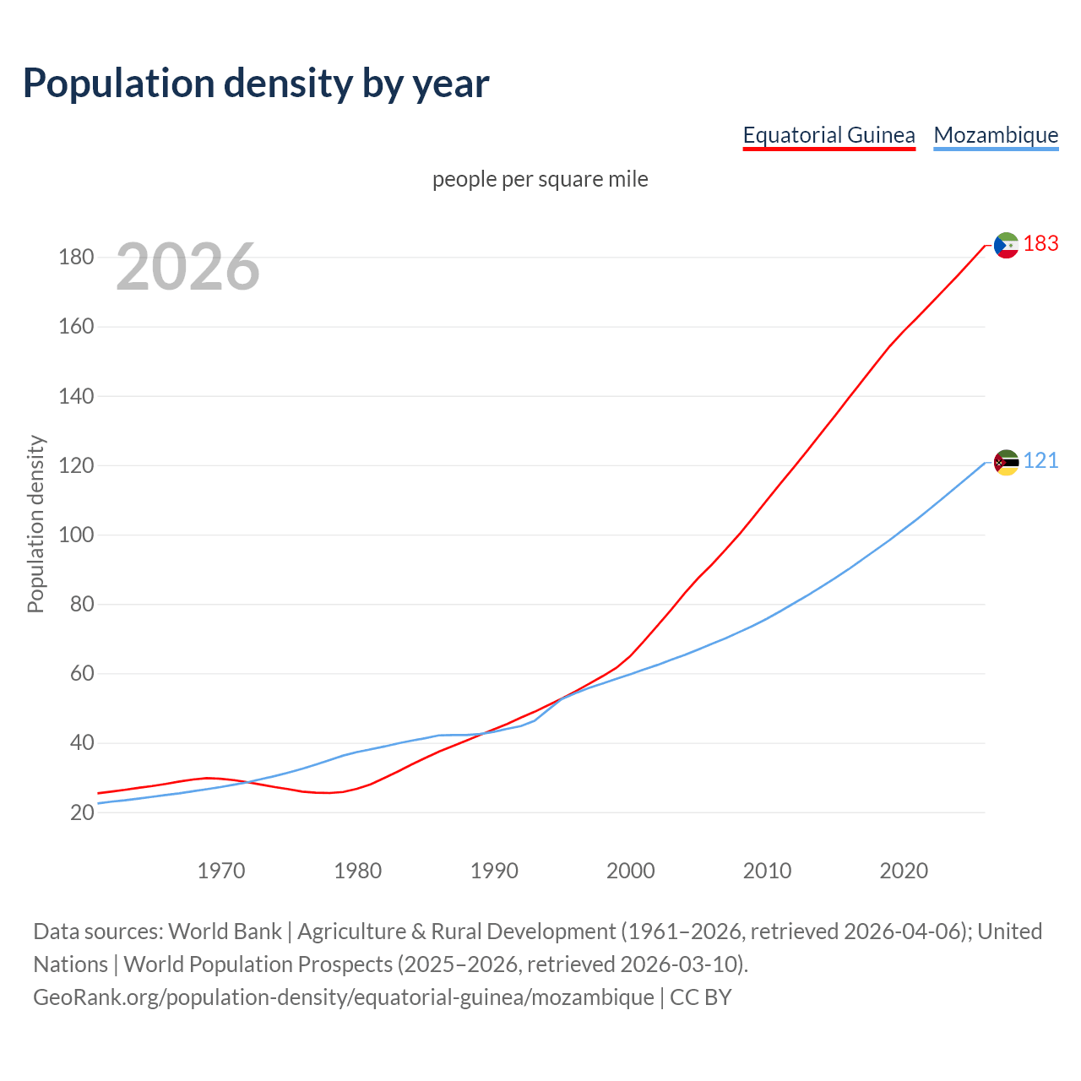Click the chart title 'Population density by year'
256,83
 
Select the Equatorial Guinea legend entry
828,135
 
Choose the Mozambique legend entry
996,135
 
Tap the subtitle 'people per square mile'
540,179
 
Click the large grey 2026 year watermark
187,267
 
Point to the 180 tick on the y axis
76,258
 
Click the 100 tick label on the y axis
76,535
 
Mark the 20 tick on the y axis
82,813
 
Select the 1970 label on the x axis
221,871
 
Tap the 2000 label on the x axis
631,871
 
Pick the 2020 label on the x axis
904,871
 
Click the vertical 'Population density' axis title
35,524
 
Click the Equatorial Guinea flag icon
1006,245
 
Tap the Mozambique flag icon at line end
1006,462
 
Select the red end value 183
1040,244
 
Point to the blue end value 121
1040,461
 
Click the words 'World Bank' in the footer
225,932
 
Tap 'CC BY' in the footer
700,997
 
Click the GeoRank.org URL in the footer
343,997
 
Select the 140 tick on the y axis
76,396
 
